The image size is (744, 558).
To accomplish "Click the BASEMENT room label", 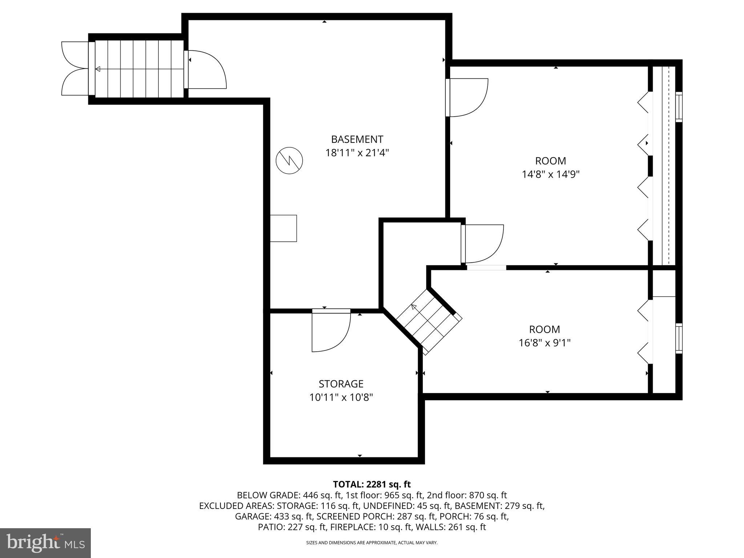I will pos(357,139).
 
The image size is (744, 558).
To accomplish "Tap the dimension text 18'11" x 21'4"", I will pos(357,153).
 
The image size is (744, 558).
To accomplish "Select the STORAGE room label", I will pos(341,384).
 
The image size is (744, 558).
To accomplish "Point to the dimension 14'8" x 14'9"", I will pos(550,174).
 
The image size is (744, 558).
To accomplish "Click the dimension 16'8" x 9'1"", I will pos(544,343).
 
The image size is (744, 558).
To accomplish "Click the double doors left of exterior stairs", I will pos(74,69).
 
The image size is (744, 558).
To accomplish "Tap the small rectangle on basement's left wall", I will pos(283,228).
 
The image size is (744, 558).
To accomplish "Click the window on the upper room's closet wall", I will pos(679,107).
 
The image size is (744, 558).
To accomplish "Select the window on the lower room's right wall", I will pos(679,338).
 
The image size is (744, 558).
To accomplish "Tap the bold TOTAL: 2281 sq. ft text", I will pos(372,484).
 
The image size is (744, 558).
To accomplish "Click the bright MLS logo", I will pos(45,543).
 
